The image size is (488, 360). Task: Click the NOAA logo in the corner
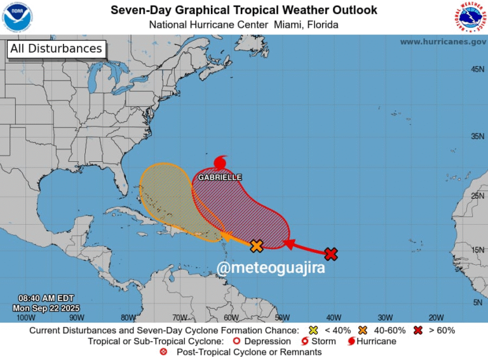[17, 17]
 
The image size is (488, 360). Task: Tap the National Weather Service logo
[470, 17]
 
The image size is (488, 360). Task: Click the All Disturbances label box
[56, 49]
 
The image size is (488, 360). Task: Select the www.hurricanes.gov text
[443, 41]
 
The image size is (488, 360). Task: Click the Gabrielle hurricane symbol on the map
[220, 162]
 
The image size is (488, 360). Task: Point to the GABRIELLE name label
[220, 178]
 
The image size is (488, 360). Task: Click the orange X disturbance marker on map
[257, 246]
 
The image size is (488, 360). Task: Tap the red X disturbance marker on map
[330, 254]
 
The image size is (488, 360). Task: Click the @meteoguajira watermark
[271, 268]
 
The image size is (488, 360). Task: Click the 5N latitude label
[478, 303]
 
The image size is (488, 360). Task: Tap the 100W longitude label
[25, 317]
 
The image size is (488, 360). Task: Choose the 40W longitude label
[334, 317]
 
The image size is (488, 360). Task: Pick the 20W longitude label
[436, 317]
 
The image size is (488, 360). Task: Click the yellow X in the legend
[313, 330]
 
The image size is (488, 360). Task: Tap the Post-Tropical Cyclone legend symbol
[165, 352]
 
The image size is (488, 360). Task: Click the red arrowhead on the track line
[287, 243]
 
